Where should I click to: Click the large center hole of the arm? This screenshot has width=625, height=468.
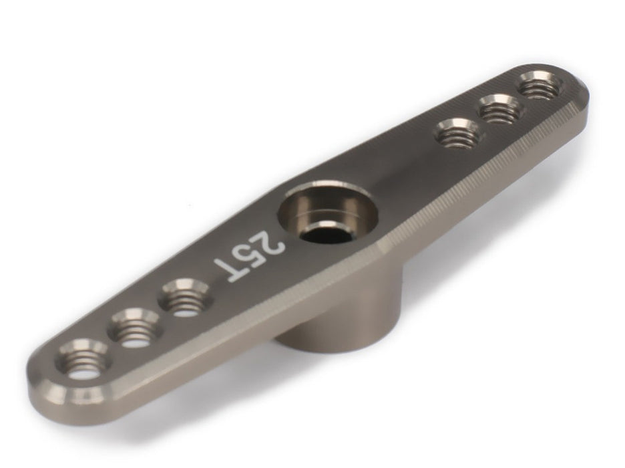click(328, 211)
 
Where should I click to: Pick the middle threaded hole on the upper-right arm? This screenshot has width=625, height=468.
click(500, 108)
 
